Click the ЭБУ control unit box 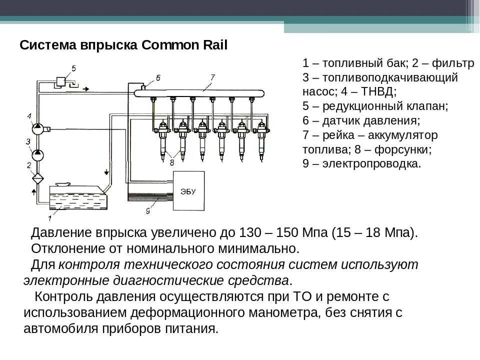click(x=188, y=190)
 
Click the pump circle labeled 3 click(x=38, y=155)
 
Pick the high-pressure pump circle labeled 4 click(x=38, y=128)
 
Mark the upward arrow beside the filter click(x=33, y=192)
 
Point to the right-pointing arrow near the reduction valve click(x=86, y=89)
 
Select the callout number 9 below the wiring click(x=148, y=211)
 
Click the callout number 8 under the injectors click(x=172, y=161)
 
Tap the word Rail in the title click(x=215, y=45)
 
